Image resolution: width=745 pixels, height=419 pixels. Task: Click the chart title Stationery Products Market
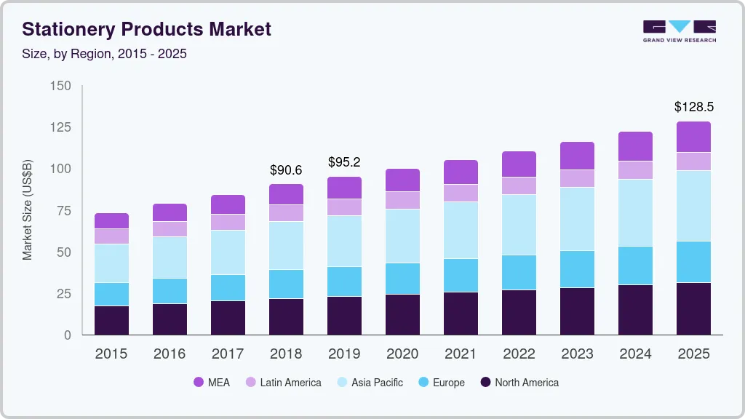click(x=146, y=29)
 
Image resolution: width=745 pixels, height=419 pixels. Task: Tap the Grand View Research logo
click(x=679, y=31)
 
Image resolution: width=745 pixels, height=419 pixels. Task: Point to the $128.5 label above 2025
click(x=693, y=107)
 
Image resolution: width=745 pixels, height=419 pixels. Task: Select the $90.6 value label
click(x=286, y=170)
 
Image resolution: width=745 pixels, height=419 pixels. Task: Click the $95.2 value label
click(x=344, y=161)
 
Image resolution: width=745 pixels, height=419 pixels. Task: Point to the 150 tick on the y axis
click(x=61, y=86)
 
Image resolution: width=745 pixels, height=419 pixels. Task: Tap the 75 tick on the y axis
click(x=63, y=211)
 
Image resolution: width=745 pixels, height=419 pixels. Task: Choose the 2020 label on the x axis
click(x=402, y=354)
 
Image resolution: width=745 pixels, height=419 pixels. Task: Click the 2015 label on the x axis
click(x=111, y=354)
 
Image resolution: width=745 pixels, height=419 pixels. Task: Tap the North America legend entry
click(x=519, y=382)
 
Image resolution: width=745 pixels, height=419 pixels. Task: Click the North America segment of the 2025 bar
click(x=693, y=308)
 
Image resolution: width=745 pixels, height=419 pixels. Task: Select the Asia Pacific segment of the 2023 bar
click(x=577, y=219)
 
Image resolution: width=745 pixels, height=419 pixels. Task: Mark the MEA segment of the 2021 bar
click(x=461, y=172)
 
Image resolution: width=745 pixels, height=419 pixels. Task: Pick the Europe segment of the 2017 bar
click(x=228, y=287)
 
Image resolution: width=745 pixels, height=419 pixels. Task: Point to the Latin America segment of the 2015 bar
click(x=111, y=236)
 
